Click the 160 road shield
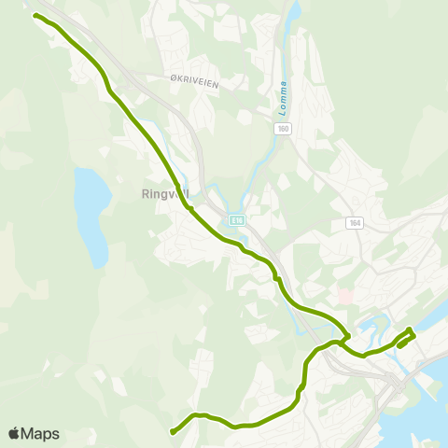tap(284, 129)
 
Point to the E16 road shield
tap(238, 220)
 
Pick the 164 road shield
tap(355, 222)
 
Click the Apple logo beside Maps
tap(14, 433)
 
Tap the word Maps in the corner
tap(40, 433)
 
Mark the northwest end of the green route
tap(35, 16)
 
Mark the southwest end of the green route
tap(173, 431)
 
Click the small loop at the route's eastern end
tap(407, 336)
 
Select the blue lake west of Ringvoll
tap(91, 215)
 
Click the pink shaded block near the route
tap(345, 296)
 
